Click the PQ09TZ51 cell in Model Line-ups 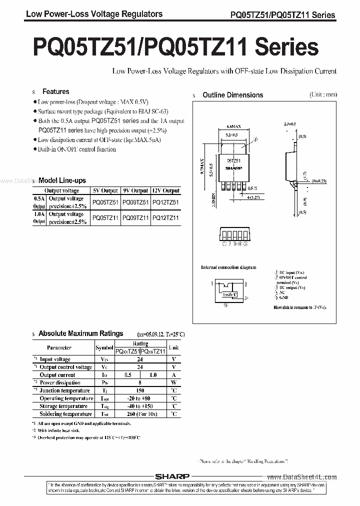point(135,202)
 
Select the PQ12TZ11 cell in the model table point(165,218)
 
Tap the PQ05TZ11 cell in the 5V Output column point(105,218)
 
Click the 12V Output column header point(165,190)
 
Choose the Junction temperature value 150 point(140,390)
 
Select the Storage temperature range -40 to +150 point(140,406)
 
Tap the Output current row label point(57,375)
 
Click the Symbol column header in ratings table point(104,347)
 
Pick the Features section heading point(55,91)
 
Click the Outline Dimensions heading point(232,95)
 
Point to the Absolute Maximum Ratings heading point(80,333)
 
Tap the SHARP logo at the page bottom point(180,477)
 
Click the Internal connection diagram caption point(228,267)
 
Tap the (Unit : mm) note point(322,94)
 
